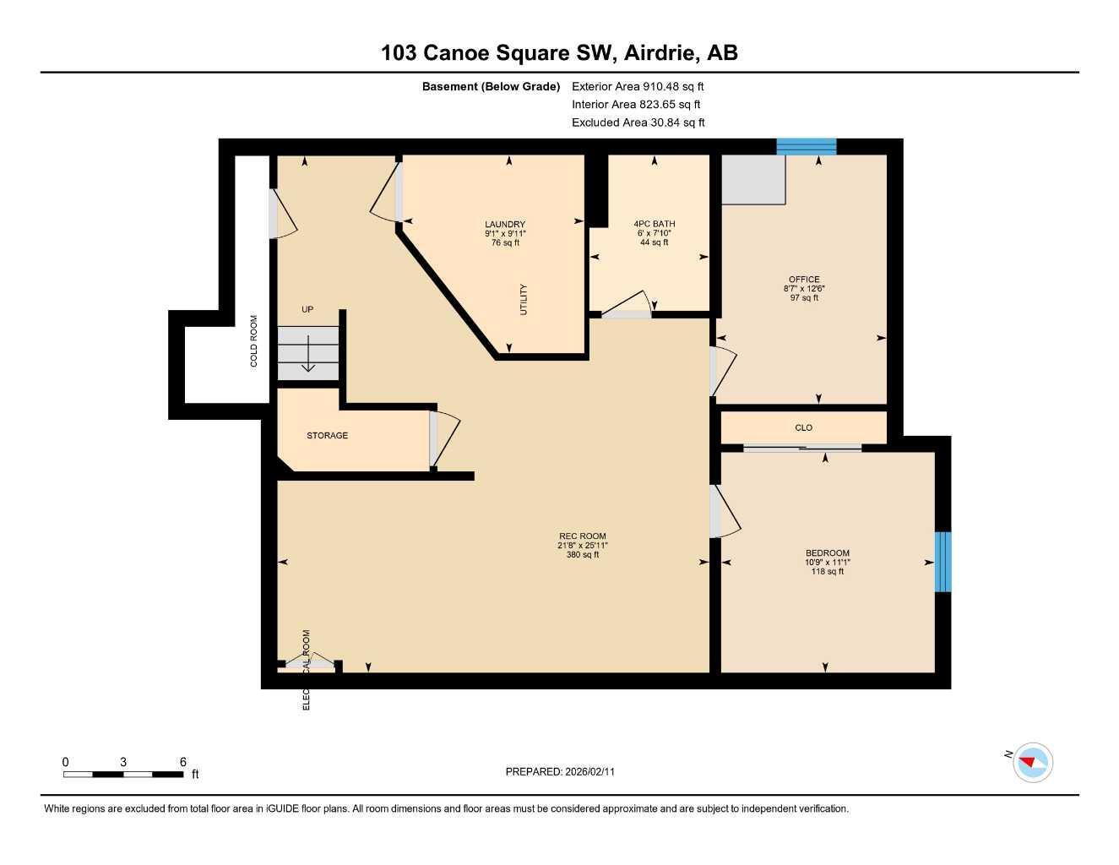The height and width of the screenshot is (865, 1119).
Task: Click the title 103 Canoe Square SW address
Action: pos(559,52)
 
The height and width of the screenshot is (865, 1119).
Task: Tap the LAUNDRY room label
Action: pos(505,225)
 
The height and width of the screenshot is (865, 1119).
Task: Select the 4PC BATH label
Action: pos(655,224)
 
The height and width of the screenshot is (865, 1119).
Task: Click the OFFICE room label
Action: pos(804,280)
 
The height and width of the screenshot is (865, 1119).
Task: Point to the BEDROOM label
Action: pos(827,553)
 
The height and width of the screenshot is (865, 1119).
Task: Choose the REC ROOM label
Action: pos(582,536)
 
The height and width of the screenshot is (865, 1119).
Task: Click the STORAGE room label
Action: pos(327,436)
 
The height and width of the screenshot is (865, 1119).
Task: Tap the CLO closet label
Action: pos(803,428)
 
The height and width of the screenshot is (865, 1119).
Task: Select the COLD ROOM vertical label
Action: pos(253,341)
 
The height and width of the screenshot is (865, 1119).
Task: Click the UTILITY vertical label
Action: pos(524,300)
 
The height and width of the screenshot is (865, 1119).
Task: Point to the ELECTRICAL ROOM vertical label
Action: pos(307,669)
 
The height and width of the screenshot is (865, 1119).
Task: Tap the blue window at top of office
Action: pos(807,147)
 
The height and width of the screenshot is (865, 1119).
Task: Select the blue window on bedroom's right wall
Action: pos(942,562)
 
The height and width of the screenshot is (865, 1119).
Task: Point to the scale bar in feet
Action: pos(123,774)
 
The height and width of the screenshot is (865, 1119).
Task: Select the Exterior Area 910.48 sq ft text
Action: pos(638,86)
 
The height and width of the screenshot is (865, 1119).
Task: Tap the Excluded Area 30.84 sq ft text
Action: pos(638,122)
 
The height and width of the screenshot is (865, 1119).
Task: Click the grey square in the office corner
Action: pos(752,179)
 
